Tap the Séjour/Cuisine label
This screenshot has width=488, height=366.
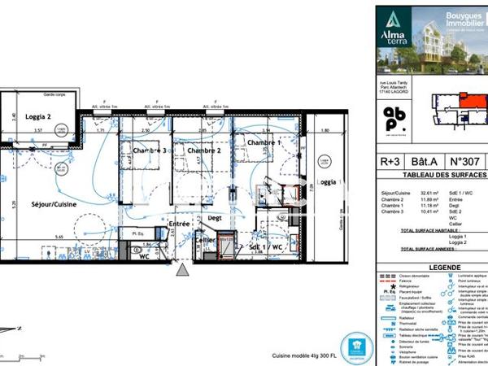click(x=54, y=205)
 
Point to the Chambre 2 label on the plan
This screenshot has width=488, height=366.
click(x=204, y=150)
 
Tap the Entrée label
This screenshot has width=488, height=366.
click(x=179, y=223)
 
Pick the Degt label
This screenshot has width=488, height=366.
click(x=216, y=218)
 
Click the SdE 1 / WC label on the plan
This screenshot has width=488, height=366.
click(x=266, y=246)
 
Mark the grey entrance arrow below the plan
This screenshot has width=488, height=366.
click(x=183, y=271)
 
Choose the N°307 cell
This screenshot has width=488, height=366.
click(x=468, y=161)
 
